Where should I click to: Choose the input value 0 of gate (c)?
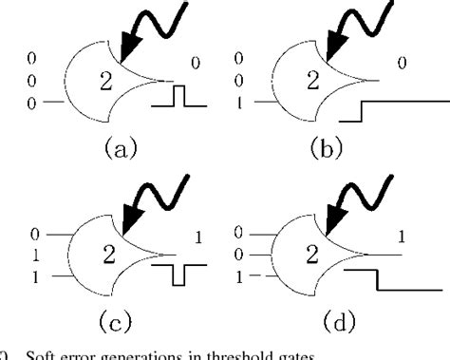pyautogui.click(x=35, y=234)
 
